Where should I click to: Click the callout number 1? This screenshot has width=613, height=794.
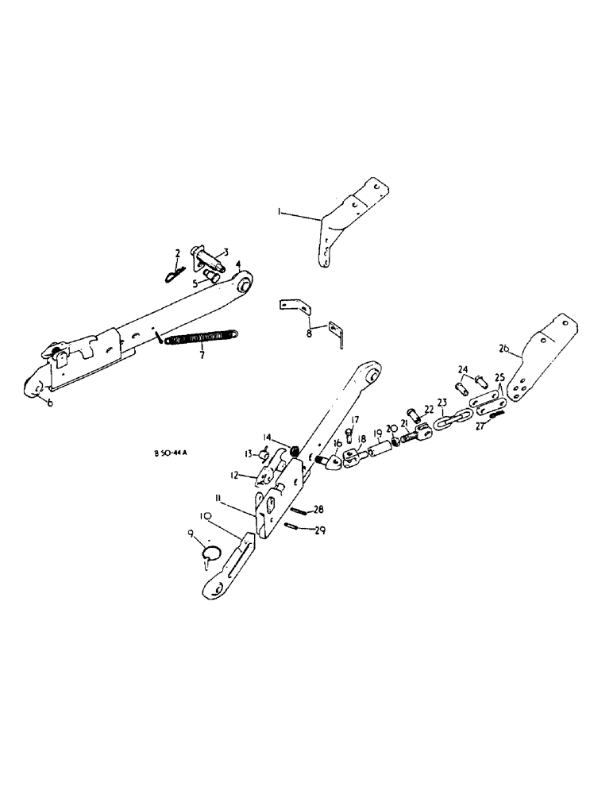pos(279,212)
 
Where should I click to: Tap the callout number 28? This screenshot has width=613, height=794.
pos(318,509)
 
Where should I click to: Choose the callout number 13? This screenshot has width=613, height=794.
pos(248,453)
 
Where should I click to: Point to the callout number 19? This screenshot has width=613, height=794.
pos(379,433)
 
